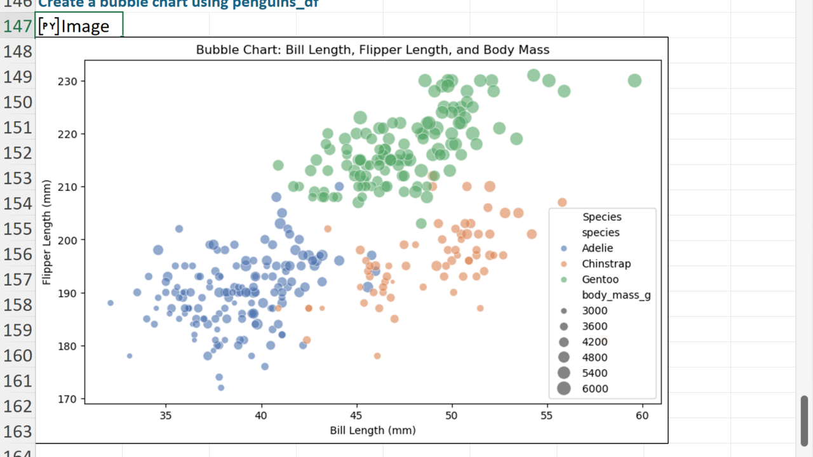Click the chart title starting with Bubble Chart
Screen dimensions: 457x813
point(372,50)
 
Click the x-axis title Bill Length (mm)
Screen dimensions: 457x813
point(372,430)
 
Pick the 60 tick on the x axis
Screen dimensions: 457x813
point(642,416)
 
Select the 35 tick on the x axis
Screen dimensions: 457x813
point(166,416)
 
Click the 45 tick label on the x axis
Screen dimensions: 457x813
point(356,416)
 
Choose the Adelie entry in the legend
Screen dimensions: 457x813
point(597,248)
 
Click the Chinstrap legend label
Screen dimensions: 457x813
point(606,263)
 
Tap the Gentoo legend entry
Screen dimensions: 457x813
point(600,279)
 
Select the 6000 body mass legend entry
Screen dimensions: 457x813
point(595,388)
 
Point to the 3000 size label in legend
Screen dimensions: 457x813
point(595,311)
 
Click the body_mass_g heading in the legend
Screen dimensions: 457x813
point(616,295)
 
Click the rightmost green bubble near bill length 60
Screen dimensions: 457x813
point(635,81)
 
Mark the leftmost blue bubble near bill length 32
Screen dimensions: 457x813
point(111,303)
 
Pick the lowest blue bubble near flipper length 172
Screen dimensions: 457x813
point(221,387)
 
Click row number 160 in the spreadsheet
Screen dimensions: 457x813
point(18,355)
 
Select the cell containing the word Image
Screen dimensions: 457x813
point(79,27)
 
